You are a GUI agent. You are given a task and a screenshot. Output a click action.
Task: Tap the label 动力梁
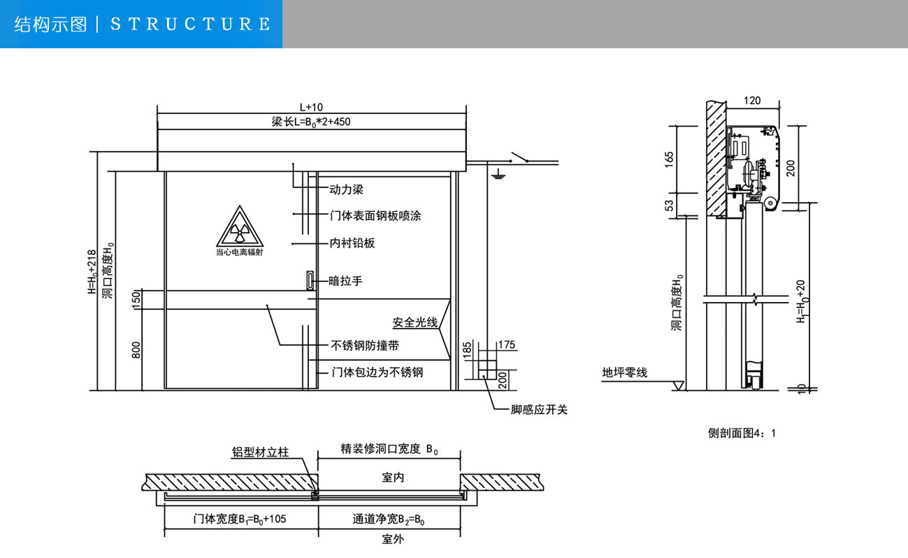[346, 189]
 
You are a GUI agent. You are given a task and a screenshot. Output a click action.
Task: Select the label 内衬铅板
[352, 243]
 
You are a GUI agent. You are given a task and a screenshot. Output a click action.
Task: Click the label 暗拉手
[346, 281]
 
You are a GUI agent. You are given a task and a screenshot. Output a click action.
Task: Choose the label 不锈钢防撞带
[365, 345]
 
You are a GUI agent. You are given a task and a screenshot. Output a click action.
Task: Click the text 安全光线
[415, 322]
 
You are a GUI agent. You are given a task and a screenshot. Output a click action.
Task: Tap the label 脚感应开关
[539, 410]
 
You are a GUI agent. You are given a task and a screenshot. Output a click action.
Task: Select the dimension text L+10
[311, 107]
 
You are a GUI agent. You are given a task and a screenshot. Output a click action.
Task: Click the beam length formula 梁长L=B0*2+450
[311, 122]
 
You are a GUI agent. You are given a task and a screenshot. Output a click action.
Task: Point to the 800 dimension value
[137, 348]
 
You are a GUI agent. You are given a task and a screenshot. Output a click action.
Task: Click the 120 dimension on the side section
[752, 101]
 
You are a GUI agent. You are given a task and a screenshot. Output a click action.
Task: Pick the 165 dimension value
[669, 159]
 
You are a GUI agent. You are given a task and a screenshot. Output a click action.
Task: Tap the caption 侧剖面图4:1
[742, 434]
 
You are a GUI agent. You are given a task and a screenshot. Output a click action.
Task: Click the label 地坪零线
[625, 373]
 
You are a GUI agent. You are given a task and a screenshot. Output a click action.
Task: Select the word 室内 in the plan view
[393, 478]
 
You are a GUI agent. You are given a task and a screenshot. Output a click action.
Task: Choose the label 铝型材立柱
[260, 452]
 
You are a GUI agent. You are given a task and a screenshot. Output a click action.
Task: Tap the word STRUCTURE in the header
[190, 24]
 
